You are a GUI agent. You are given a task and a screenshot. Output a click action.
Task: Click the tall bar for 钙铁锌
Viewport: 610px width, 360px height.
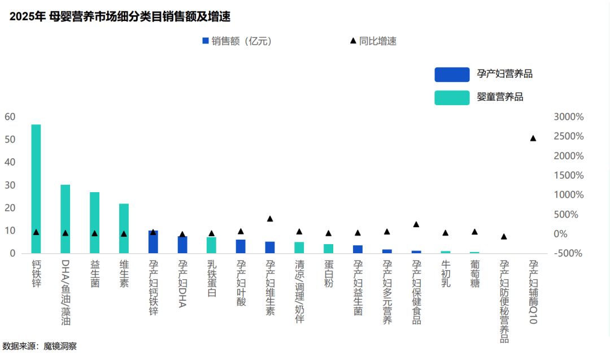[x=36, y=189]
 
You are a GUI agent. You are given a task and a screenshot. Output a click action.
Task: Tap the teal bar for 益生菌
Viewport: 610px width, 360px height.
[x=94, y=223]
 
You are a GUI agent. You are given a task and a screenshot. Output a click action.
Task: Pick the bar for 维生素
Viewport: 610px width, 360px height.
[x=124, y=228]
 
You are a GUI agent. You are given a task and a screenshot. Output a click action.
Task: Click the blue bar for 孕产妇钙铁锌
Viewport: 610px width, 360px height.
[x=153, y=242]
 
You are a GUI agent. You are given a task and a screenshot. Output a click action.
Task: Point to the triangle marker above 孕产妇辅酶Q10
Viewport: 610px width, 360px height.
[x=533, y=138]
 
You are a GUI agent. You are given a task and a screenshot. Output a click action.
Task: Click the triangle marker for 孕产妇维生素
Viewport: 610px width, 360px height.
[x=270, y=219]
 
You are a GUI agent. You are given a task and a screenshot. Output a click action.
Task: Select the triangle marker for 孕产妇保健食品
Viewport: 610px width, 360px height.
[x=416, y=224]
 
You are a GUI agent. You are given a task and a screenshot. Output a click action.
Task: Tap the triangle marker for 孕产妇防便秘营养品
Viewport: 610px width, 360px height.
[x=504, y=236]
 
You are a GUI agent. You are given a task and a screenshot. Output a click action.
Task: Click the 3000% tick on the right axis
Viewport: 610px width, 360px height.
[x=568, y=117]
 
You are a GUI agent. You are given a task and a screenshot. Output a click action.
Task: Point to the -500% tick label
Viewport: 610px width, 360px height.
[x=569, y=253]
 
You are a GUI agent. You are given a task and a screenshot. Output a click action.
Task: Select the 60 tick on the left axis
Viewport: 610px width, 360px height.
[x=10, y=117]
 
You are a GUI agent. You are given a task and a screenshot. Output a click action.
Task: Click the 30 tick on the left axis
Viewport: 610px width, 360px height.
[x=10, y=185]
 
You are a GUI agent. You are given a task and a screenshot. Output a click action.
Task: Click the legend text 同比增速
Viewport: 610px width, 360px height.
[x=377, y=41]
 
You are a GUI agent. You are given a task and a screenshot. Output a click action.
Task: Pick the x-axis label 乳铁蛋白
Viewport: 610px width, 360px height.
[x=211, y=274]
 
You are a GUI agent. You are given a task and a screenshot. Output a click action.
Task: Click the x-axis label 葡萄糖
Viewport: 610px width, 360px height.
[x=474, y=274]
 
